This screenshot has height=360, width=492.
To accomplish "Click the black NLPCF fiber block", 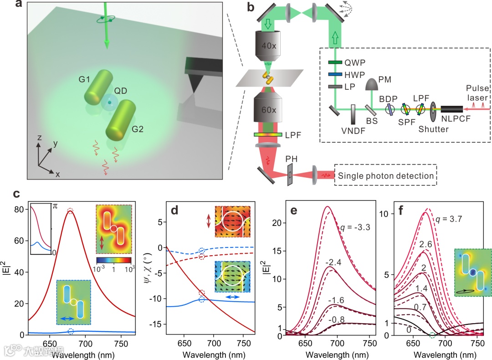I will tap(449, 109).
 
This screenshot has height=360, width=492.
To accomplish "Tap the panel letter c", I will tap(16, 194).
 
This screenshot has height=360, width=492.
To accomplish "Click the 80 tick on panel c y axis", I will tap(20, 210).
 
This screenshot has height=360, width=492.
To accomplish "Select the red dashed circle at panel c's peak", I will tap(70, 211).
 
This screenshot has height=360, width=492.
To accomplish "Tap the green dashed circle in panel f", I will tap(432, 335).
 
